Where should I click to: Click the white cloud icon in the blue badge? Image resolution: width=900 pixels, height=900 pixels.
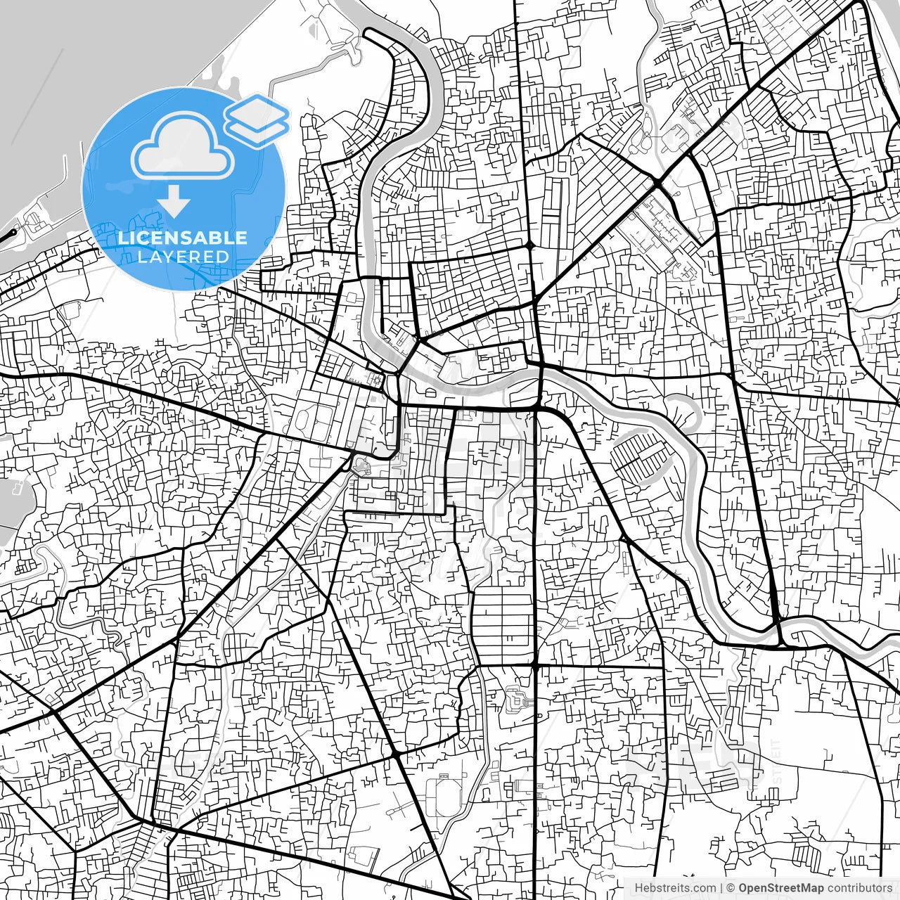184,148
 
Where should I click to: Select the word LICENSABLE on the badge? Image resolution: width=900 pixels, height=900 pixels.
183,238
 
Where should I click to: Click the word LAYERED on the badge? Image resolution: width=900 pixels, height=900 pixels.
183,257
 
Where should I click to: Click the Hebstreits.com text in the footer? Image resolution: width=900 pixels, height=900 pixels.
676,888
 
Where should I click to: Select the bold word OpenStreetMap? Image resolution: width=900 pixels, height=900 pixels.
780,888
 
